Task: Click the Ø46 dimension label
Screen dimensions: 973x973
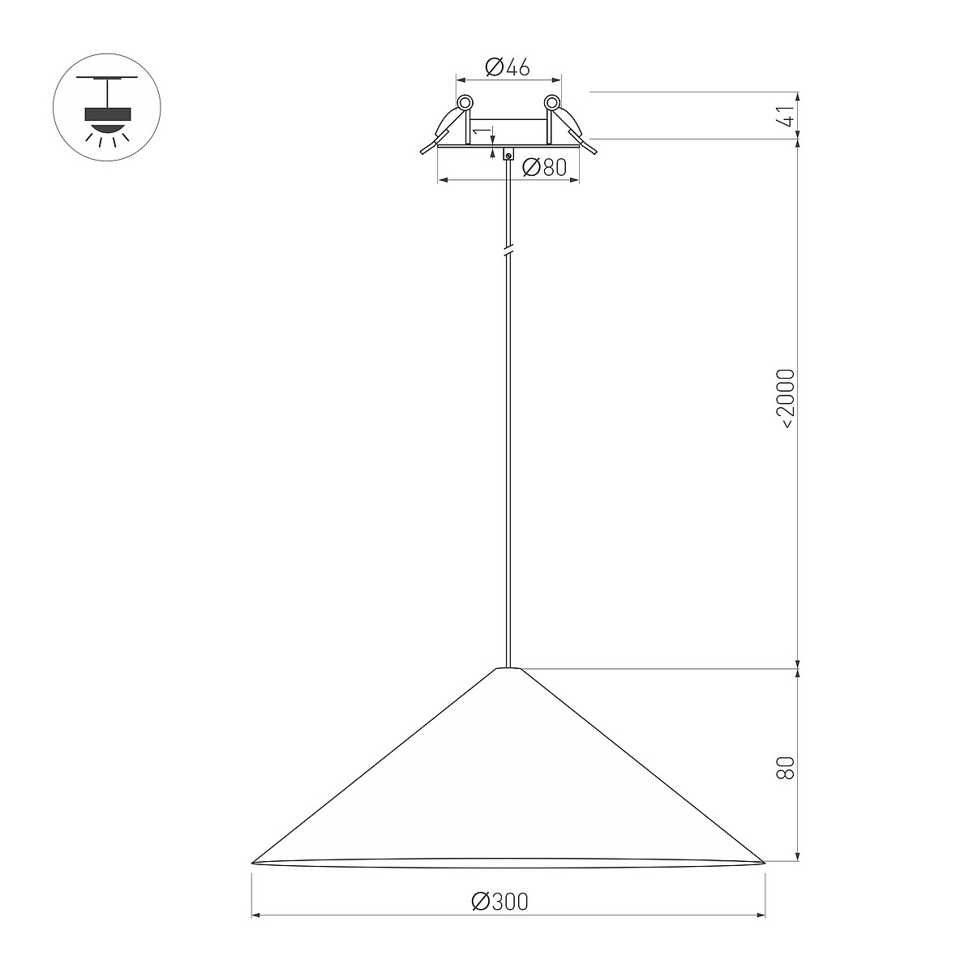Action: pyautogui.click(x=507, y=67)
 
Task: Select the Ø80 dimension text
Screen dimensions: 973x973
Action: pyautogui.click(x=544, y=167)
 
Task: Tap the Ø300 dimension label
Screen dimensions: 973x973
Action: pyautogui.click(x=499, y=902)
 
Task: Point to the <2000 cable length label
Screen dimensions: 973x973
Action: pyautogui.click(x=786, y=399)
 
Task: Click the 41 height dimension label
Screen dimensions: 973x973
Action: pyautogui.click(x=786, y=116)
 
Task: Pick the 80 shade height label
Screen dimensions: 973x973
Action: pyautogui.click(x=786, y=768)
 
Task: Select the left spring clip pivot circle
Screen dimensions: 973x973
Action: pyautogui.click(x=465, y=103)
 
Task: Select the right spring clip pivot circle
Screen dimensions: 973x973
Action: pyautogui.click(x=552, y=103)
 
